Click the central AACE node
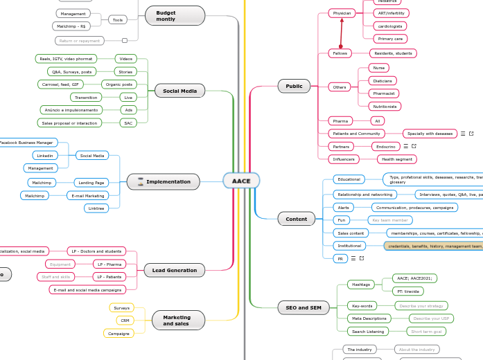(241, 181)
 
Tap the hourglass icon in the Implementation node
(140, 181)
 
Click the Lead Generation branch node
(175, 270)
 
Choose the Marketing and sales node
(176, 319)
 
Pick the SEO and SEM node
(304, 307)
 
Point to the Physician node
(342, 13)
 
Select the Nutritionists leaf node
(384, 107)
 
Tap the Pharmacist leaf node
(384, 93)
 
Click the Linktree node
(96, 208)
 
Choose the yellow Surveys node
(121, 307)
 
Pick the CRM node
(125, 321)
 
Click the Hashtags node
(360, 285)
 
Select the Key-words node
(362, 305)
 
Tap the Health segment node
(397, 159)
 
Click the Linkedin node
(45, 155)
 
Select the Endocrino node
(385, 146)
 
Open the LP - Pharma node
(109, 264)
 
